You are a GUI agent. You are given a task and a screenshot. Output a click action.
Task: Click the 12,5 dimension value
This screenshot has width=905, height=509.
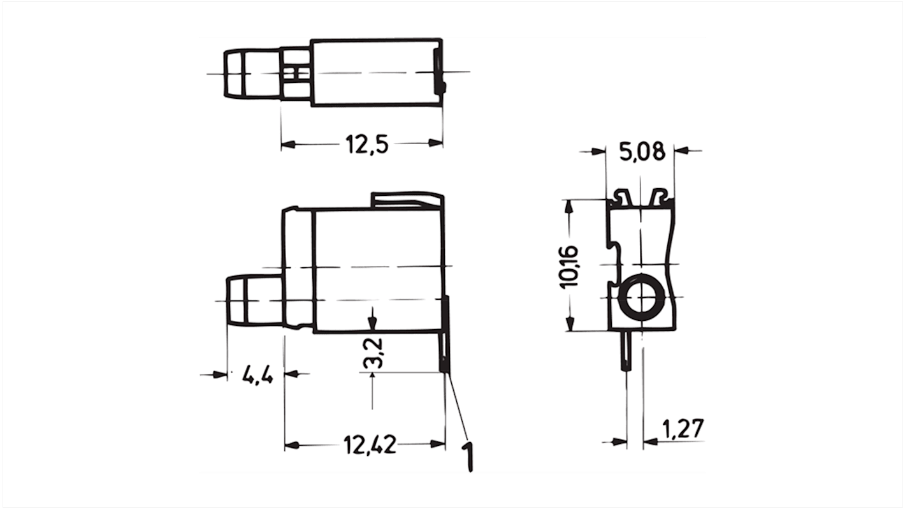pyautogui.click(x=367, y=145)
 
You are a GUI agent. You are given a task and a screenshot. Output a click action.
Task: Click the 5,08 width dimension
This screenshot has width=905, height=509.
pyautogui.click(x=641, y=152)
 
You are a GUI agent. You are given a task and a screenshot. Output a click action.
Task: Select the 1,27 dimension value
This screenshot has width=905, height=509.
pyautogui.click(x=683, y=430)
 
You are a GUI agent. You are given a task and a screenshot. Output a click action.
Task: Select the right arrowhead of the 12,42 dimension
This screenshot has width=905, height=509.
pyautogui.click(x=438, y=444)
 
